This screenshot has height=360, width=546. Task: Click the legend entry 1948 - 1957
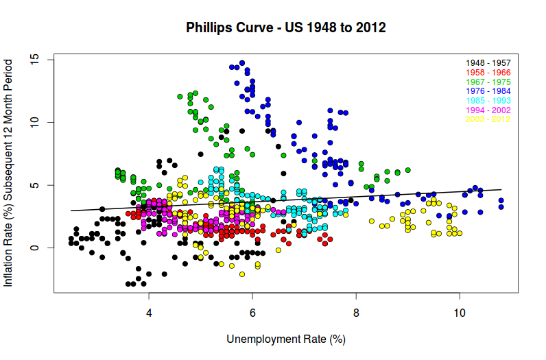click(x=488, y=63)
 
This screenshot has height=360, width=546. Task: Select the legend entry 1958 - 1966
click(x=488, y=73)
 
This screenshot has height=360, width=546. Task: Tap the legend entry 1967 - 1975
click(x=488, y=82)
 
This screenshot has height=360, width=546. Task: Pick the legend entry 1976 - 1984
click(x=488, y=91)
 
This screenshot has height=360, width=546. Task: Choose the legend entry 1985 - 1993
click(x=488, y=101)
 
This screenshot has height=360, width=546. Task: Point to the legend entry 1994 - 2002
click(x=488, y=110)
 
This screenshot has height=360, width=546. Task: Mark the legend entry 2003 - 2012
click(x=488, y=119)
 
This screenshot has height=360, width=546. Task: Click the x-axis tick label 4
click(x=149, y=313)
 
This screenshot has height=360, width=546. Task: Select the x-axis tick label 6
click(x=252, y=313)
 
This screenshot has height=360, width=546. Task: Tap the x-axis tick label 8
click(x=356, y=313)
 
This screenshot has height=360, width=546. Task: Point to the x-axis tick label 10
click(x=460, y=313)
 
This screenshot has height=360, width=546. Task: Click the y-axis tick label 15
click(x=34, y=60)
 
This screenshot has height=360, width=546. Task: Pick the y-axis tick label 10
click(x=34, y=122)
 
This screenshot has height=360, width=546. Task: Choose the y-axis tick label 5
click(x=34, y=185)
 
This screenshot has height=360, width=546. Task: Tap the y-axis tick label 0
click(x=34, y=248)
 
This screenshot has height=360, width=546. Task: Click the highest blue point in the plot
click(x=241, y=63)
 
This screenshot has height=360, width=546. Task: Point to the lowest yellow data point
click(x=241, y=274)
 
